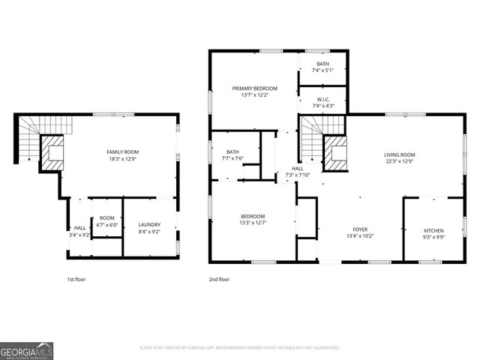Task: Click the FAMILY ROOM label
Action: [124, 152]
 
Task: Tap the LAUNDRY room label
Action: [150, 224]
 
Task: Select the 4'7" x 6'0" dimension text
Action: [107, 225]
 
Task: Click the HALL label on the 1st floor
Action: [79, 228]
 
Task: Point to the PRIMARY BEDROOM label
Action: [254, 88]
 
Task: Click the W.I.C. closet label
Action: [323, 100]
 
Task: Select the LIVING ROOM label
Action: [400, 154]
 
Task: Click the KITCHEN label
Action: [433, 230]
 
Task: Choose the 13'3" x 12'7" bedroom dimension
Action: [254, 221]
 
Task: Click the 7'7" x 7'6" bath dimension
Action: [232, 158]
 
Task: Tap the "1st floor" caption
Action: [76, 279]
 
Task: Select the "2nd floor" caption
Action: [219, 279]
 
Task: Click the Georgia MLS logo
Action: [26, 350]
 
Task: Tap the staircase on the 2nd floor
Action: [310, 139]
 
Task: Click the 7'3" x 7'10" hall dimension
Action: [298, 175]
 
